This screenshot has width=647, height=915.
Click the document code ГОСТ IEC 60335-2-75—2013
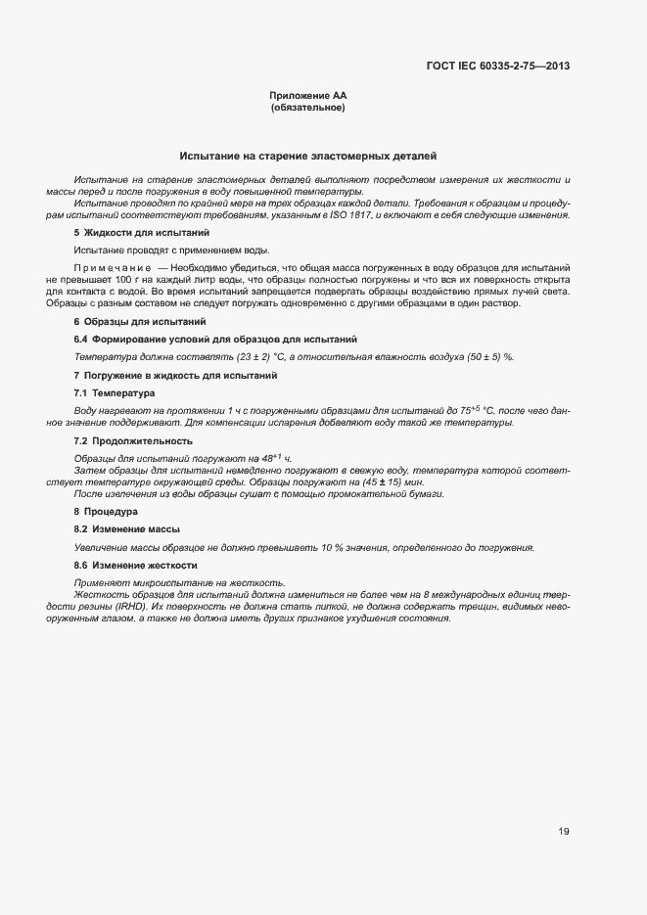click(x=498, y=67)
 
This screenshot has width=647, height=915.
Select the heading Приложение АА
click(x=307, y=96)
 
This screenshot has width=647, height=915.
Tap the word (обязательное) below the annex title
click(x=307, y=108)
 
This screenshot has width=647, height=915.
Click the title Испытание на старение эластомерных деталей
click(x=307, y=156)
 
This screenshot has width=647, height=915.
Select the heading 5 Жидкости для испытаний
click(x=141, y=233)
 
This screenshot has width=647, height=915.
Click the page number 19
click(x=564, y=832)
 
